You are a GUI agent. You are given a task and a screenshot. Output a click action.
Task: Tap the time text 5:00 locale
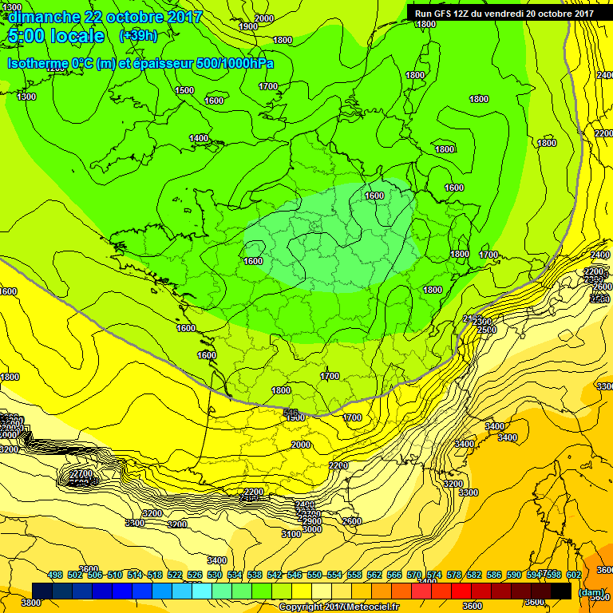[x=56, y=36]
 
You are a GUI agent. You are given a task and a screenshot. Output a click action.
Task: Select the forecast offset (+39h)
[x=138, y=36]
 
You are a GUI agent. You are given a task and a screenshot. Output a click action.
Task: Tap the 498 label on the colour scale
[x=55, y=575]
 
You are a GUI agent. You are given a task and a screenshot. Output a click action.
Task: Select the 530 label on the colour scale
[x=215, y=575]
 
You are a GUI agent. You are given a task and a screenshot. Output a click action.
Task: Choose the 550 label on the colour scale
[x=314, y=575]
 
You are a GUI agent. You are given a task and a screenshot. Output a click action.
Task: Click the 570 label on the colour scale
[x=414, y=575]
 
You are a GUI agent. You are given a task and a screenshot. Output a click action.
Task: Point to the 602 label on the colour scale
[x=573, y=575]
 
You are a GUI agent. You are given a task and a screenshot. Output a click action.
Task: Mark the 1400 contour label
[x=199, y=138]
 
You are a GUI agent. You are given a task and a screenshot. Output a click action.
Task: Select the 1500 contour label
[x=184, y=90]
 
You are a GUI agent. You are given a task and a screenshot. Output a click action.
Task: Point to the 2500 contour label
[x=486, y=330]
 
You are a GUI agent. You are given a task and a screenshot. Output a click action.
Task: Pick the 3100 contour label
[x=291, y=533]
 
